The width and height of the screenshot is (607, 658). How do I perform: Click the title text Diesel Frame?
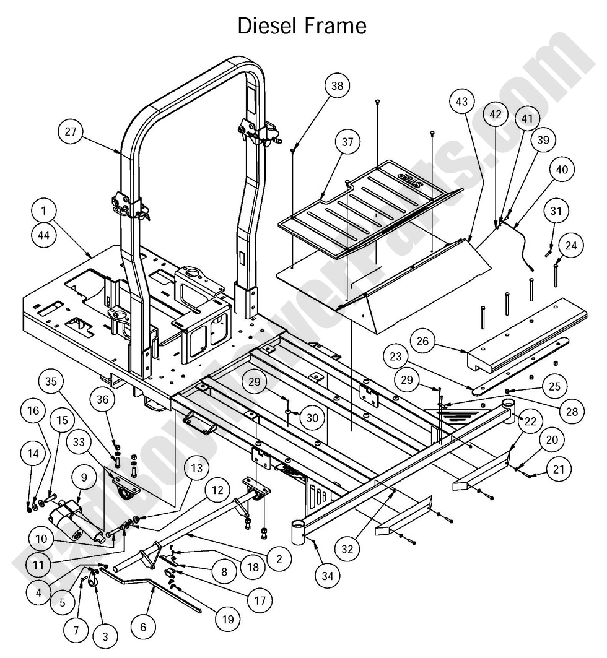(302, 26)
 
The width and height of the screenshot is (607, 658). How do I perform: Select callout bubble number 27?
(72, 131)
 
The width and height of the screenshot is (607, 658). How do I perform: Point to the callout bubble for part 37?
(347, 142)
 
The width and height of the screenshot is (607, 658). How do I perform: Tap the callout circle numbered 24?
(570, 246)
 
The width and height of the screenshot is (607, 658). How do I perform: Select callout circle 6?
(144, 626)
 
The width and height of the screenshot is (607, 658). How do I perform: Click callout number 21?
(558, 469)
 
